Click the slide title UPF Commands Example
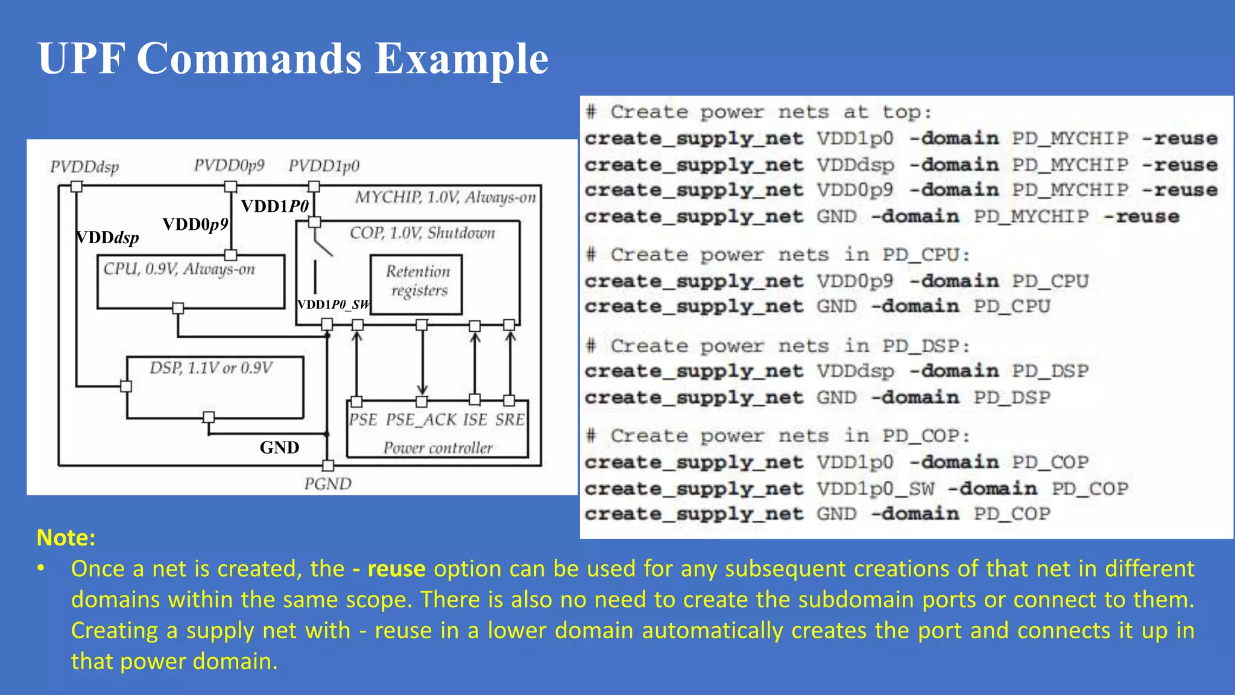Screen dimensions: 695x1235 [x=293, y=59]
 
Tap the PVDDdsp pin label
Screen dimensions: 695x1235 [x=84, y=167]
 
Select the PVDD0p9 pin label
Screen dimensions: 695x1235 [x=229, y=165]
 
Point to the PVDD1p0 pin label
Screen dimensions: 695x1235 [x=324, y=166]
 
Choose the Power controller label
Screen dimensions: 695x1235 [x=438, y=448]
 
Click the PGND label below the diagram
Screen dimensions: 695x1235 [x=327, y=484]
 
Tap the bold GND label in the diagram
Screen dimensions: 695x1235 [x=279, y=447]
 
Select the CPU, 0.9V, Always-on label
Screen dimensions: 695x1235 [x=179, y=269]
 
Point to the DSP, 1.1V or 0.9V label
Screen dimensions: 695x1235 [x=211, y=368]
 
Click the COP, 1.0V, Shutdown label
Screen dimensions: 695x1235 [x=422, y=233]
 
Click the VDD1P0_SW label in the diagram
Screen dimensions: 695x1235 [x=333, y=305]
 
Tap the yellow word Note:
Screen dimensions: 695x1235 [x=66, y=538]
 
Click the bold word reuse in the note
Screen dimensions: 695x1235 [x=396, y=569]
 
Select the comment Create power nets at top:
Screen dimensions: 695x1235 [x=771, y=112]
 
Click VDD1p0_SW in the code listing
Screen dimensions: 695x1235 [x=876, y=489]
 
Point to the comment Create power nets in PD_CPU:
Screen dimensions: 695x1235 [x=790, y=255]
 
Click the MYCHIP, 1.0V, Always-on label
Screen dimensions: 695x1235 [x=445, y=198]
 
